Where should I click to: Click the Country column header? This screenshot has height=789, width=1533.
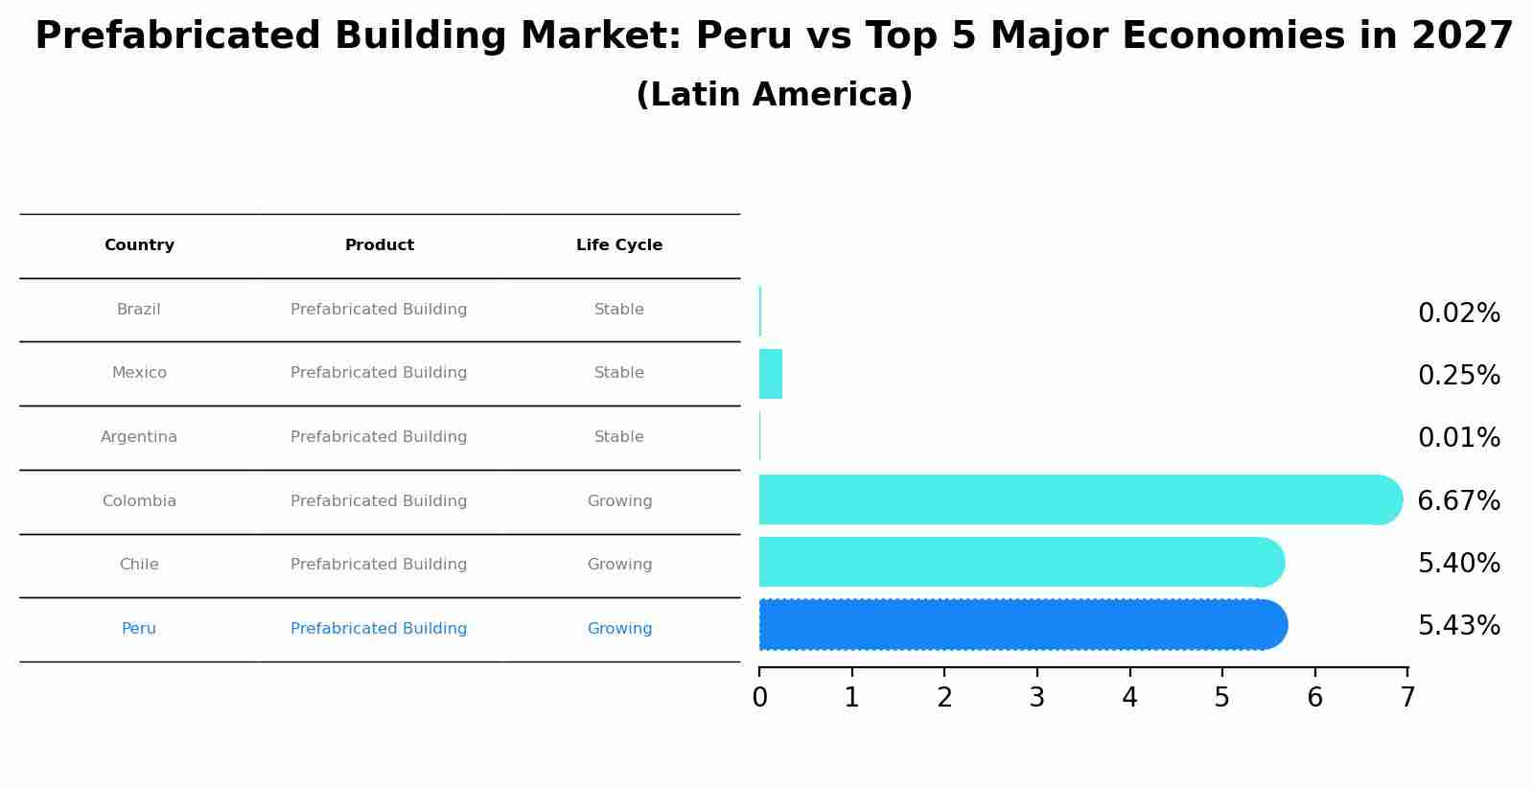tap(139, 245)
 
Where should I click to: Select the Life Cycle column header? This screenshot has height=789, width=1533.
tap(619, 245)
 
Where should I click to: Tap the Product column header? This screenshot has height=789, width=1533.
tap(379, 245)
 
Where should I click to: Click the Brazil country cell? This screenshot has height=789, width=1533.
tap(139, 310)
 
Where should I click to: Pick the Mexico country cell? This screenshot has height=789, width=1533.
tap(139, 373)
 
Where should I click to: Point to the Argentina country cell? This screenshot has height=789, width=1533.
tap(139, 437)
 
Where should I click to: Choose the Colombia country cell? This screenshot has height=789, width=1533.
tap(139, 501)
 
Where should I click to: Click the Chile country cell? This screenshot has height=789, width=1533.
tap(139, 565)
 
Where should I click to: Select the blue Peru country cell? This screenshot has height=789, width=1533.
tap(139, 629)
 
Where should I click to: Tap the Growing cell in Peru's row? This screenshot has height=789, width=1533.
tap(619, 629)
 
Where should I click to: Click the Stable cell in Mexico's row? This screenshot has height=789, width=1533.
tap(619, 373)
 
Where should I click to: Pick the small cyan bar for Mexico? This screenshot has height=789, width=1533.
tap(771, 374)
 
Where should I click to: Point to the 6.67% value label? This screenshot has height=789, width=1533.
tap(1458, 501)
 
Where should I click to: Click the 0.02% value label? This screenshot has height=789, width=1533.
tap(1458, 313)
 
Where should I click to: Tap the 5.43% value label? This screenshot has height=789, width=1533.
tap(1458, 626)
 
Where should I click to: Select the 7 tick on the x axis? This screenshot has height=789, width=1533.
tap(1406, 698)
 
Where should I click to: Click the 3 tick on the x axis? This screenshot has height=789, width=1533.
tap(1036, 698)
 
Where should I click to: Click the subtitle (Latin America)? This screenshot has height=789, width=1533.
tap(774, 95)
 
